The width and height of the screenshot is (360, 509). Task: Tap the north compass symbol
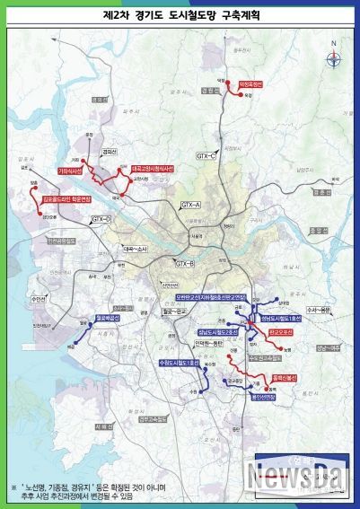334,59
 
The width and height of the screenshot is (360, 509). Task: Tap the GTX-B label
185,263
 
